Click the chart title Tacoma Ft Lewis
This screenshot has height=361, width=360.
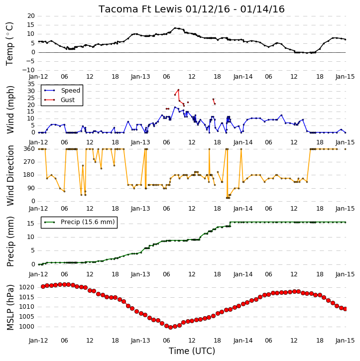(x=141, y=9)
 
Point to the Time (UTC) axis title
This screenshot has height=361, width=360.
(x=192, y=351)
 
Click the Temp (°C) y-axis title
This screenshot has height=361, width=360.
(x=9, y=44)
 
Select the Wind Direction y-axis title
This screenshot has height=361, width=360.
(x=10, y=175)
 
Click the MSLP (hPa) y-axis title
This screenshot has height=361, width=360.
(x=10, y=308)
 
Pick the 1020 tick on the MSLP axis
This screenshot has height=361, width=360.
(x=27, y=287)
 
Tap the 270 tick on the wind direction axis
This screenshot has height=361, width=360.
(x=29, y=162)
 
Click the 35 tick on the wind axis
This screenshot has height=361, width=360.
(x=31, y=84)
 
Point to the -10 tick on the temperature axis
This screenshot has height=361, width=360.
(x=28, y=70)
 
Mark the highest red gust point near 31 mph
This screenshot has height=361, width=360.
(x=178, y=90)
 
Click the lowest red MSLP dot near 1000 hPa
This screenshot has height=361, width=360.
(x=171, y=327)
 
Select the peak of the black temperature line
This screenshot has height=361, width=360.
(x=175, y=28)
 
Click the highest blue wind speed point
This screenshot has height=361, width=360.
(x=175, y=107)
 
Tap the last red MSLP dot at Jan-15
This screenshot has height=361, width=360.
(x=345, y=309)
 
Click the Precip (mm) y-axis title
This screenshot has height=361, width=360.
(x=10, y=241)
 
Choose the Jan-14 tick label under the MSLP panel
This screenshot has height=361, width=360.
(x=243, y=341)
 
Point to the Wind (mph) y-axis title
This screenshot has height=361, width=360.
(x=10, y=110)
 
